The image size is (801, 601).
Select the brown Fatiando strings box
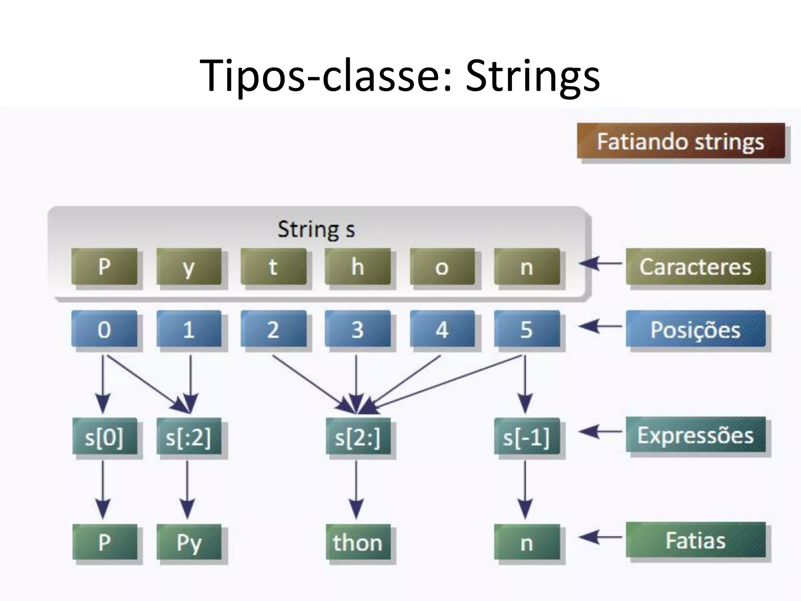tap(681, 141)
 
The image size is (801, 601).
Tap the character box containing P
tap(104, 266)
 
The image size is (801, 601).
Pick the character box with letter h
tap(357, 266)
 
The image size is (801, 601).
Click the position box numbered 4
tap(442, 329)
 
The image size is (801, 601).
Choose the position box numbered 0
tap(104, 329)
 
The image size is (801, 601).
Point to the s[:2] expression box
tap(189, 436)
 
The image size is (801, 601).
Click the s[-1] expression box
tap(526, 436)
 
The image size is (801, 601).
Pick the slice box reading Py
tap(189, 542)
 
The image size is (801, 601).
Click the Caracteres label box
tap(695, 266)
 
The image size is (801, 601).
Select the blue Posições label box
tap(695, 329)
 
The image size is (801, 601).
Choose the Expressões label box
tap(695, 434)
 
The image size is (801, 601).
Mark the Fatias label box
tap(695, 540)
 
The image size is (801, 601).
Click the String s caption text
tap(316, 229)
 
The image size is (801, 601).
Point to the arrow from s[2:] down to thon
tap(356, 489)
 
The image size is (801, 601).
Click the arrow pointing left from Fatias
tap(600, 537)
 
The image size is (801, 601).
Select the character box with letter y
tap(189, 266)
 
